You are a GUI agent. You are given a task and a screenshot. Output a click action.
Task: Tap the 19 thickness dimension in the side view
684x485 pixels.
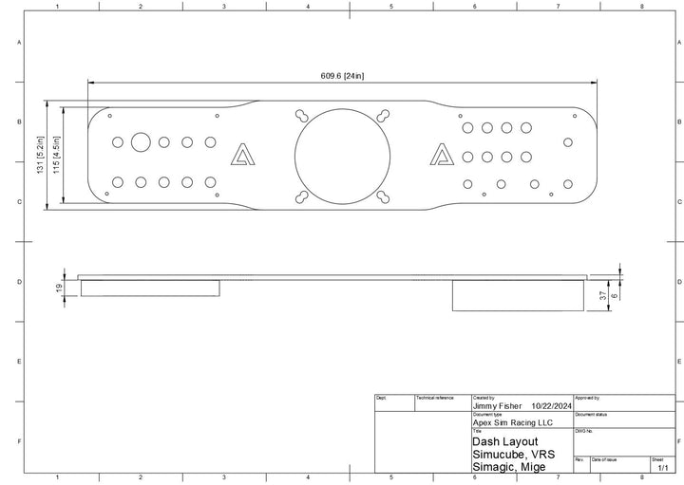coord(59,288)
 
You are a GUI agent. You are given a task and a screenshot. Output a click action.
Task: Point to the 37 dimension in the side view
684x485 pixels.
coord(602,294)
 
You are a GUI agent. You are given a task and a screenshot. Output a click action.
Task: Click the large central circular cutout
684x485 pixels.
coord(342,156)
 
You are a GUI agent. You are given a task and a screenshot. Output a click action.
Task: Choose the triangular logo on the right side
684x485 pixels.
coord(442,155)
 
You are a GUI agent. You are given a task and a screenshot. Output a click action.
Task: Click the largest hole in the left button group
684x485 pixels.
coord(141,142)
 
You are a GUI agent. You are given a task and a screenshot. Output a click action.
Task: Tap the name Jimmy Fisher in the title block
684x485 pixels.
coord(497,405)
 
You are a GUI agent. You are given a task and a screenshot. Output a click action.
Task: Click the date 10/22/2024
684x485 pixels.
coord(552,405)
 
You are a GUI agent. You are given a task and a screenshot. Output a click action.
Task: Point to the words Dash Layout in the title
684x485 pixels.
coord(504,441)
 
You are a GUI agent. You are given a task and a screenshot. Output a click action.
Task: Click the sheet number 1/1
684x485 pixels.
coord(662,468)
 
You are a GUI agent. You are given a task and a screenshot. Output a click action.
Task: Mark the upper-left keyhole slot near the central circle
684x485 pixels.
coord(302,115)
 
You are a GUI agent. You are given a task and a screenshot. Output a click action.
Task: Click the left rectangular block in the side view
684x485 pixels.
coord(150,288)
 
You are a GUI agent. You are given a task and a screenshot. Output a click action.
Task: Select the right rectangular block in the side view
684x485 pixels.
coord(518,295)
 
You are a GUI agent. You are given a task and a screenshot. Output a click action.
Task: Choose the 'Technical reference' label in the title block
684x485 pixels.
coord(435,398)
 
